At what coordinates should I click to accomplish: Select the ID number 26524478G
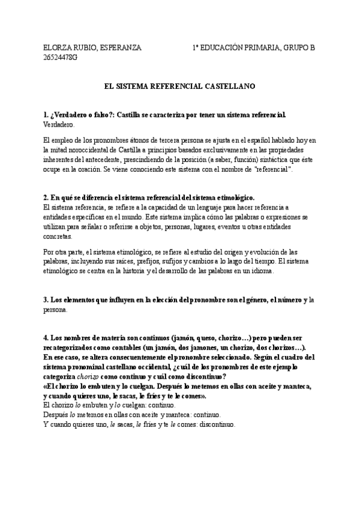click(60, 57)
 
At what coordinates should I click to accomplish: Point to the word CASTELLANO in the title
click(230, 86)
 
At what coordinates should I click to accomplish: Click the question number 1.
click(46, 114)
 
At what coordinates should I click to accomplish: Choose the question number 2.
click(46, 197)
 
